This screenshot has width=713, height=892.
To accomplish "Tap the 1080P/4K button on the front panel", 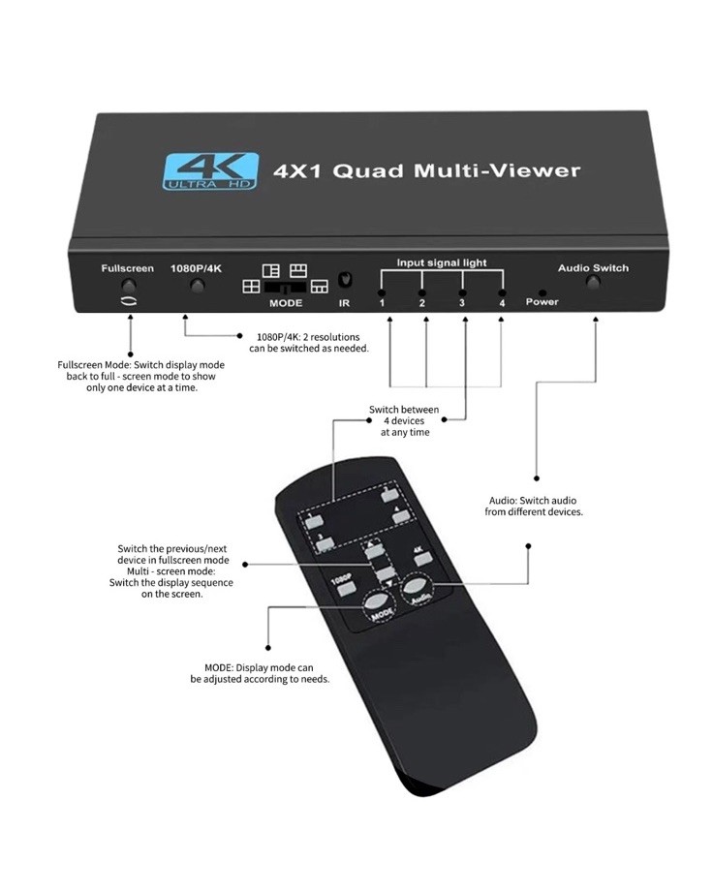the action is [198, 286].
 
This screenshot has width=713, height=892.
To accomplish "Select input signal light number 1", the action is [383, 292].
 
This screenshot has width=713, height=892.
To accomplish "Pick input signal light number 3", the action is [463, 292].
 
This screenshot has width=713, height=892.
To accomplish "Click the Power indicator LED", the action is [542, 292].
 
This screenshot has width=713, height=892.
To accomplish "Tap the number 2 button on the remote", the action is [390, 496].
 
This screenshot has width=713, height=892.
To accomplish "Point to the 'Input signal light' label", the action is [442, 262].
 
